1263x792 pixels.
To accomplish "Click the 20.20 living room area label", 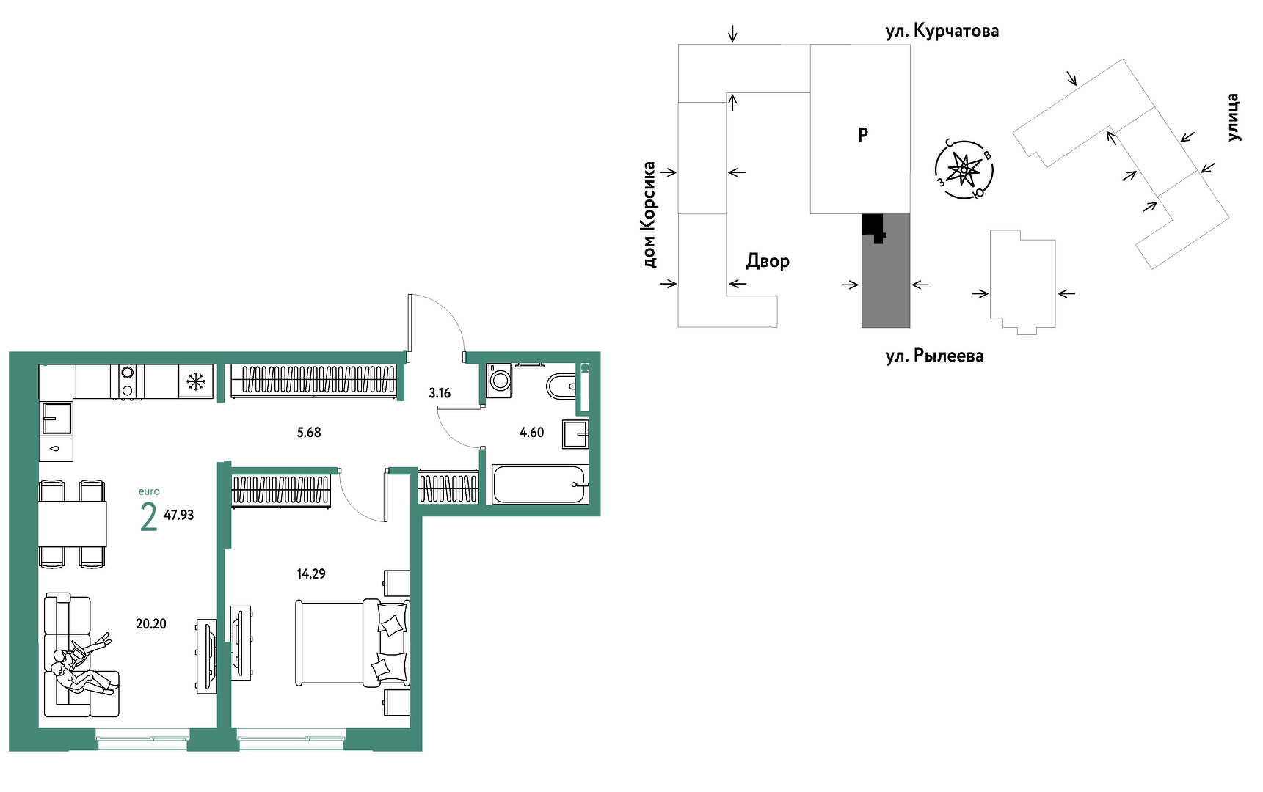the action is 151,624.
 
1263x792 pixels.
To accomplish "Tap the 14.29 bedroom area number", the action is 311,574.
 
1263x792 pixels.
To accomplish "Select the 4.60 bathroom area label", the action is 532,433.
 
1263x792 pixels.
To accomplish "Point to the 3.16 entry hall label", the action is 440,393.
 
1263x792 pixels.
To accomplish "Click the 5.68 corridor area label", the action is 309,433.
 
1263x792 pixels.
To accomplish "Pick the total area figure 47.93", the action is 179,516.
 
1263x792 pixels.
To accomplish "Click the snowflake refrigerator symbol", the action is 195,381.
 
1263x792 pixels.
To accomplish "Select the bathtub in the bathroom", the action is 539,485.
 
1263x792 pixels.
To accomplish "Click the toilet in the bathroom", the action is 562,386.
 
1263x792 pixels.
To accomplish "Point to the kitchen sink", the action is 57,419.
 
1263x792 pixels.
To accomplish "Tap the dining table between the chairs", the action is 73,524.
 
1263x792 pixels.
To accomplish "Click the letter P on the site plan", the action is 863,135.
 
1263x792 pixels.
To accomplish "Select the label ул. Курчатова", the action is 942,32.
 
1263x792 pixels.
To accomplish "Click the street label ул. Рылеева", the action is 934,356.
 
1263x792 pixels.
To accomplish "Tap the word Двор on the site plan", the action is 768,262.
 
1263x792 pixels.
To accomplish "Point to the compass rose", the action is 964,170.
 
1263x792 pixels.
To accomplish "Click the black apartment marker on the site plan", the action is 873,227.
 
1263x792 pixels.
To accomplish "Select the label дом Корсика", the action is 649,214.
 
